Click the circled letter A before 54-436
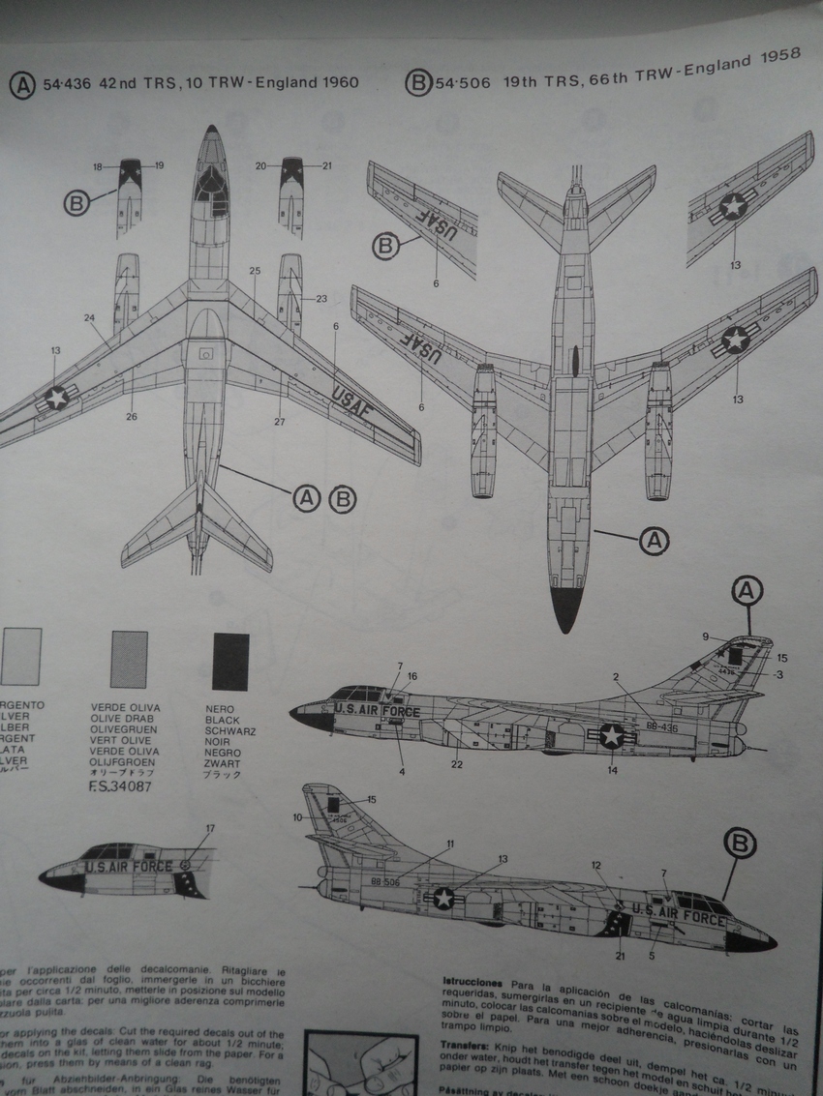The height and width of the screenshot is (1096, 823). pyautogui.click(x=21, y=84)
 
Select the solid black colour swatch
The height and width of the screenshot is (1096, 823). pyautogui.click(x=230, y=662)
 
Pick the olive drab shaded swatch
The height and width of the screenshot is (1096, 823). pyautogui.click(x=130, y=659)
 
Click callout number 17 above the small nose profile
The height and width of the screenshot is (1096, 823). pyautogui.click(x=210, y=828)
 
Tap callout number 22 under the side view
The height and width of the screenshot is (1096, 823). pyautogui.click(x=457, y=765)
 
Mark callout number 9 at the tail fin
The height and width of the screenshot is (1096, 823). pyautogui.click(x=706, y=637)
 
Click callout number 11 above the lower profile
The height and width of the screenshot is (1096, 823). pyautogui.click(x=449, y=844)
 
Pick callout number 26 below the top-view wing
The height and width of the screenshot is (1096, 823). pyautogui.click(x=131, y=417)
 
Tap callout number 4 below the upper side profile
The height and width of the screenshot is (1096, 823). pyautogui.click(x=402, y=771)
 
